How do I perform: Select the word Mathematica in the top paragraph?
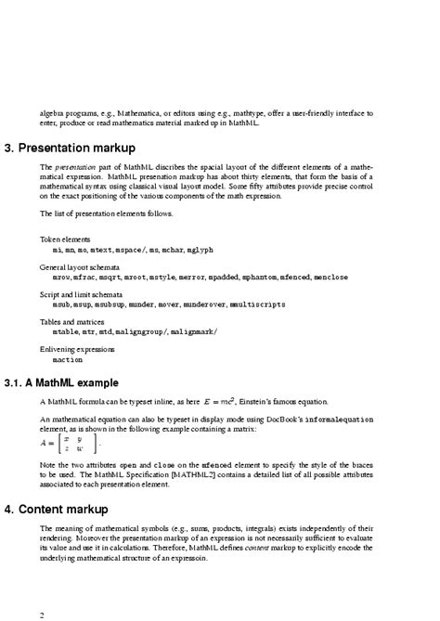pyautogui.click(x=149, y=113)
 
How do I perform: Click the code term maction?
pyautogui.click(x=67, y=359)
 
